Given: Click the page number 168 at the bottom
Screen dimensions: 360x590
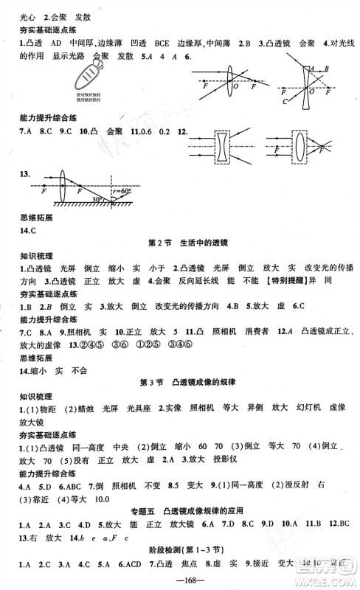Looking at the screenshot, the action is click(x=179, y=579).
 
